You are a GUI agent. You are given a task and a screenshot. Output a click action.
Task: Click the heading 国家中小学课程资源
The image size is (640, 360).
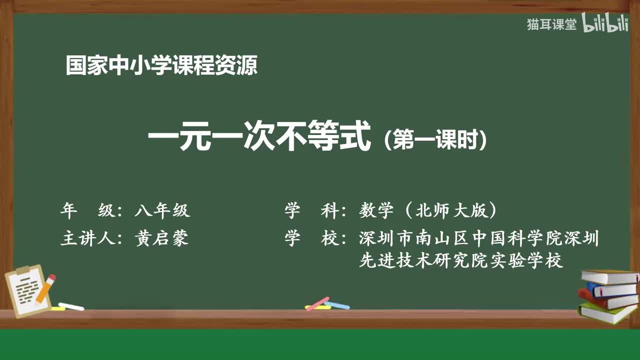pyautogui.click(x=161, y=66)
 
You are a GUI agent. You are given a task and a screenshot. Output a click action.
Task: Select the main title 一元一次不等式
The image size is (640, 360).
pyautogui.click(x=259, y=138)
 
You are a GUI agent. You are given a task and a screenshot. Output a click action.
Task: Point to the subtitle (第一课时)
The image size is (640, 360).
pyautogui.click(x=435, y=140)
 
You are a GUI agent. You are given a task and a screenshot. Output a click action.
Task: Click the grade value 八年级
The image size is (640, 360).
pyautogui.click(x=162, y=210)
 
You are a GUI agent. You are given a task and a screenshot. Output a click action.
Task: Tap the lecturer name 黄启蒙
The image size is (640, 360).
pyautogui.click(x=162, y=238)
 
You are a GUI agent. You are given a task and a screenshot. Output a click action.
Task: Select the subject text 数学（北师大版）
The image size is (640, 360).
pyautogui.click(x=428, y=210)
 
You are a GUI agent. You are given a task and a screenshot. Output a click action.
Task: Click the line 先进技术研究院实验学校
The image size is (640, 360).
pyautogui.click(x=461, y=260)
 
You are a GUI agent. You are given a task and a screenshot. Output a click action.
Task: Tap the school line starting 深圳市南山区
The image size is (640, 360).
pyautogui.click(x=478, y=238)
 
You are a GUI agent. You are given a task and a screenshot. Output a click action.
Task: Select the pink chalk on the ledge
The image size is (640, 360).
pyautogui.click(x=317, y=303)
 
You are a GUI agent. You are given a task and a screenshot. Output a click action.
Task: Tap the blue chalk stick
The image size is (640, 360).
pyautogui.click(x=337, y=305)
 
